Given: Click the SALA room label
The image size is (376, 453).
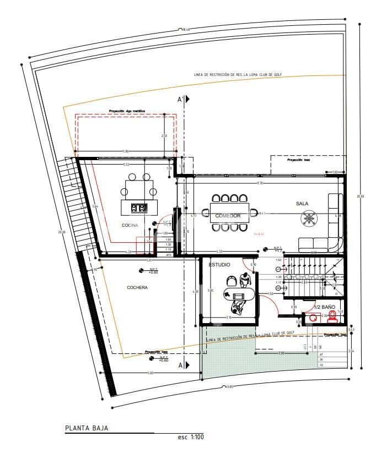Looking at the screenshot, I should [302, 204].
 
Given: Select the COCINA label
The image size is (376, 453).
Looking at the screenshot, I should [130, 226].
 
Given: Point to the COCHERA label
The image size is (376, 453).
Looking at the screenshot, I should [137, 287].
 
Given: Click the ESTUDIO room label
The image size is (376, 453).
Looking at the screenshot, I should [219, 265].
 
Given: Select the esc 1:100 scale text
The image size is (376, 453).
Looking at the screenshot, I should [190, 437].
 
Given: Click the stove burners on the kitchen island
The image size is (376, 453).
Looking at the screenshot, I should [139, 208].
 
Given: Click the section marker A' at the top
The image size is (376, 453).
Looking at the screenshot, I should [182, 100].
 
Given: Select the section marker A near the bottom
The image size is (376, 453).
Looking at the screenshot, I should [182, 365].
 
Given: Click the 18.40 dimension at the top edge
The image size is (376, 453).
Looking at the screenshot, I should [184, 29].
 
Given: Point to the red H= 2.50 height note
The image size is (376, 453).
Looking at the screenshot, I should [259, 234].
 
